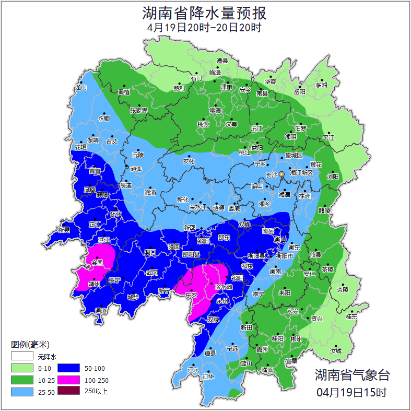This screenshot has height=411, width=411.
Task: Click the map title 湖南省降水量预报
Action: pyautogui.click(x=205, y=13)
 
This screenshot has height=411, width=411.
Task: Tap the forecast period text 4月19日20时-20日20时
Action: pyautogui.click(x=205, y=27)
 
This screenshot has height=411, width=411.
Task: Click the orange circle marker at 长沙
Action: pyautogui.click(x=282, y=174)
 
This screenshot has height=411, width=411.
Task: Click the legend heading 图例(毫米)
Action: pyautogui.click(x=30, y=345)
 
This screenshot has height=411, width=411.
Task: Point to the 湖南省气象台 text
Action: pyautogui.click(x=352, y=375)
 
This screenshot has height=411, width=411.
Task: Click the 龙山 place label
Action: pyautogui.click(x=80, y=88)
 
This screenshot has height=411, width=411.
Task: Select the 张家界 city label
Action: pyautogui.click(x=139, y=111)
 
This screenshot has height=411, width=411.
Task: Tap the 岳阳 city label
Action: pyautogui.click(x=299, y=92)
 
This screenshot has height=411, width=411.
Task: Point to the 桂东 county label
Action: pyautogui.click(x=352, y=316)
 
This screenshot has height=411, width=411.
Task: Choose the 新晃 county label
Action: pyautogui.click(x=64, y=230)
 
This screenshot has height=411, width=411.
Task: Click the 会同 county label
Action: pyautogui.click(x=97, y=264)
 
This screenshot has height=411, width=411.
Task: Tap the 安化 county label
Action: pyautogui.click(x=189, y=161)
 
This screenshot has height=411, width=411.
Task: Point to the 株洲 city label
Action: pyautogui.click(x=304, y=196)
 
